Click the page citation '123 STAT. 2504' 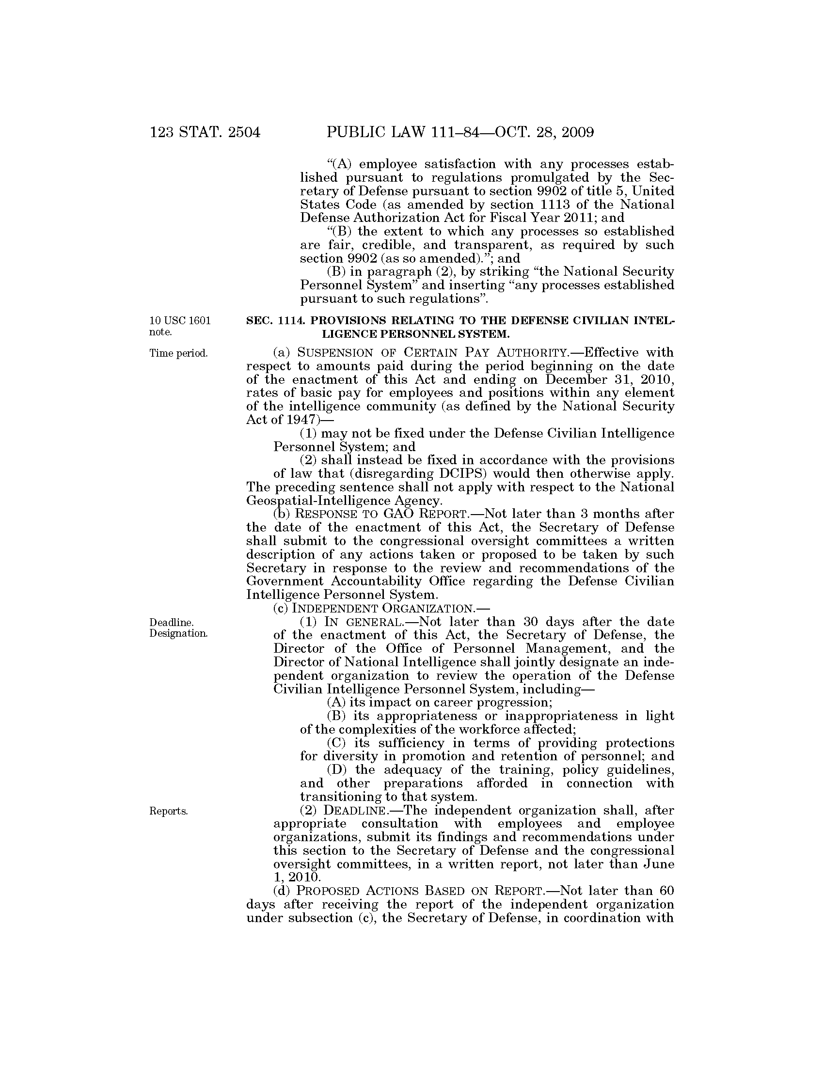(205, 132)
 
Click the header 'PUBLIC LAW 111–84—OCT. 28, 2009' (460, 132)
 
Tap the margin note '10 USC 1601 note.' (180, 327)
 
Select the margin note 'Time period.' (179, 353)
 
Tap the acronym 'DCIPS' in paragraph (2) (430, 473)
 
